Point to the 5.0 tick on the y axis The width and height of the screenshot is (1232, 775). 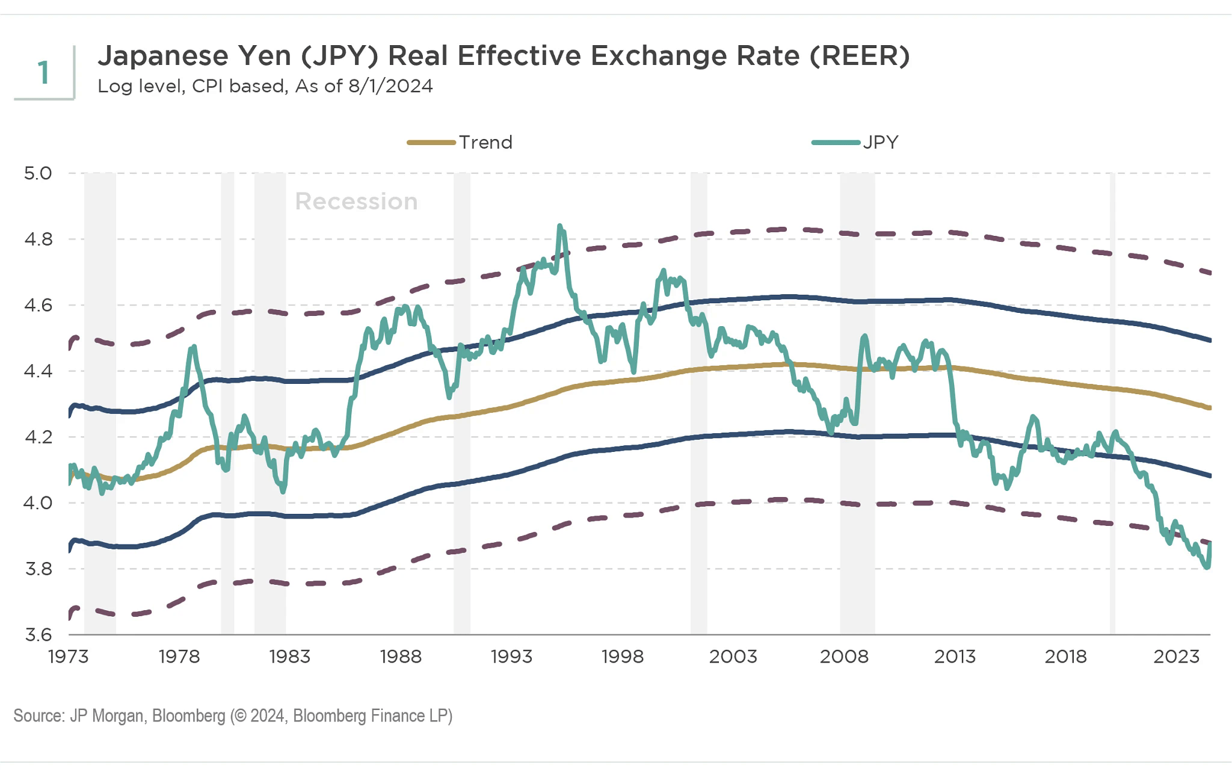tap(38, 173)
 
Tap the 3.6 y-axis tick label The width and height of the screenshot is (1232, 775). tap(38, 635)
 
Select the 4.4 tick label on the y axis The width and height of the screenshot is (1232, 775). tap(38, 371)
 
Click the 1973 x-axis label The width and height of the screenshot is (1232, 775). tap(68, 656)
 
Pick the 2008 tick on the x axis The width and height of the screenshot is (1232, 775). tap(844, 656)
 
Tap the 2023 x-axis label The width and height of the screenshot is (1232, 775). tap(1176, 656)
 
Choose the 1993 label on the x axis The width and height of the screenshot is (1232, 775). tap(511, 656)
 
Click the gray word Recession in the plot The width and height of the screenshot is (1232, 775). tap(356, 202)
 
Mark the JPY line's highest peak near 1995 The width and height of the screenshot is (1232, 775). tap(560, 226)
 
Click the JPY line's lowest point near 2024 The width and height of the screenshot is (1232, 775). tap(1207, 567)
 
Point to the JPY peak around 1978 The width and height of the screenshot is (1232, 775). tap(193, 347)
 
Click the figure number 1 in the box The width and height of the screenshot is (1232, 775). tap(43, 73)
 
